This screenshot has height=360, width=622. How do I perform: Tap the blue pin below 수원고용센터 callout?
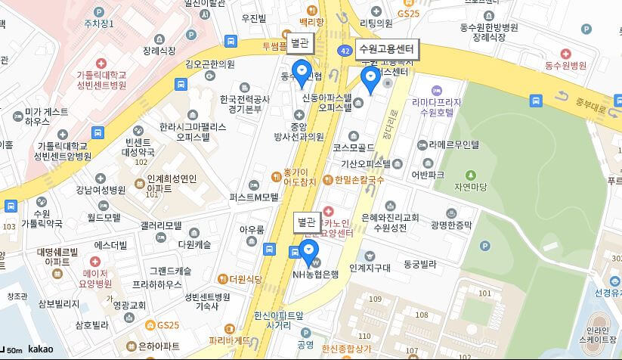point(370,79)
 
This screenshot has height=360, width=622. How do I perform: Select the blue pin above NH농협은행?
point(308,250)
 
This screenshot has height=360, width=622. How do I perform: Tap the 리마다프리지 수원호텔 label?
point(437,107)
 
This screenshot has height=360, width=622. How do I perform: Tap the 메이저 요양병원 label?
point(96,278)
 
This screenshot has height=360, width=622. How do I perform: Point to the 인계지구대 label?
point(370,268)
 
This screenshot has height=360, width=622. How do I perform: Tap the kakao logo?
point(41,349)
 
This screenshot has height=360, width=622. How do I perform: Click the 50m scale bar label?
point(13,350)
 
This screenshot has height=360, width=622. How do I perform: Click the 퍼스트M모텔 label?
point(255,197)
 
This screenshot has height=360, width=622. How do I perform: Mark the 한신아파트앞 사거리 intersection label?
point(278,318)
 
